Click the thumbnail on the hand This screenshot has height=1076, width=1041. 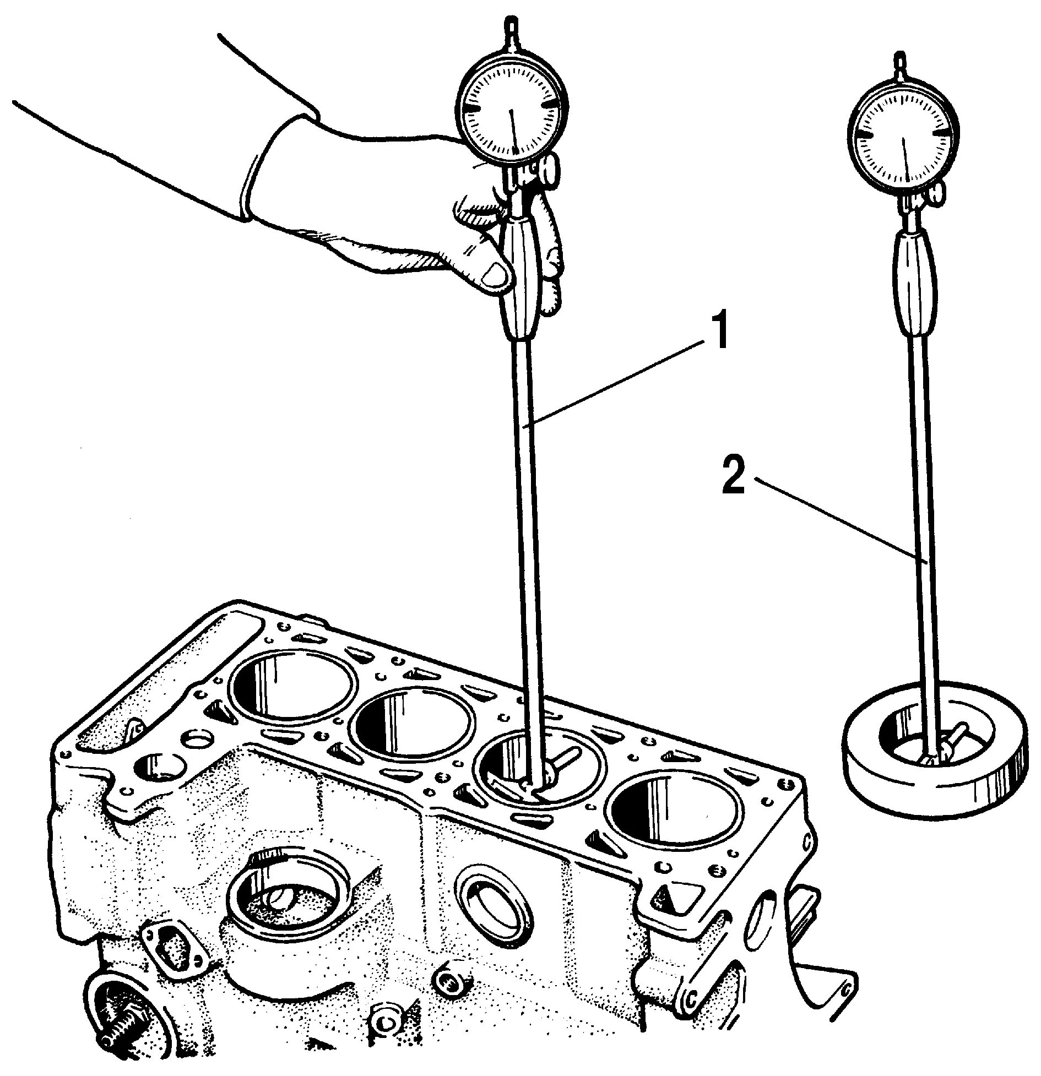tap(494, 275)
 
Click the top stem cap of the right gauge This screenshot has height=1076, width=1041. tap(902, 58)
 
